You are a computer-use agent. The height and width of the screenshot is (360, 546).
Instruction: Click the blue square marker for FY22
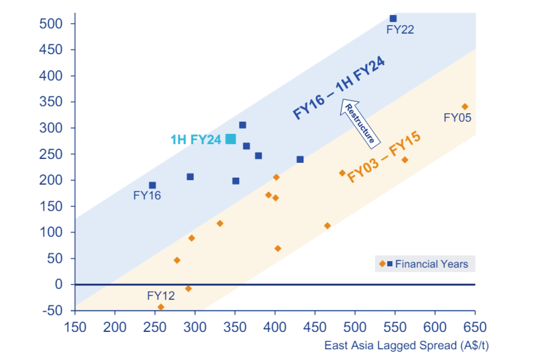click(x=393, y=18)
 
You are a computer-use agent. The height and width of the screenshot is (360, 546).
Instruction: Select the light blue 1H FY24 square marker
click(x=231, y=139)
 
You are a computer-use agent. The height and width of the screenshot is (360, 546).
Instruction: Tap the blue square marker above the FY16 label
click(x=152, y=185)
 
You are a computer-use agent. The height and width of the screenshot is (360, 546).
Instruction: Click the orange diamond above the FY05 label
click(x=465, y=107)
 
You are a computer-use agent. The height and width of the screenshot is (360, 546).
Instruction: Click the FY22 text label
click(x=400, y=30)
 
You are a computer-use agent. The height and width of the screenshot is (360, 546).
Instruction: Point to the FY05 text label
click(x=457, y=118)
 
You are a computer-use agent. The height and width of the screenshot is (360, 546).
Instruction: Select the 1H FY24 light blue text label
click(x=196, y=140)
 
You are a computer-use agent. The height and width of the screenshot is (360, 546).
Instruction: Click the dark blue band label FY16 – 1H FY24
click(x=339, y=88)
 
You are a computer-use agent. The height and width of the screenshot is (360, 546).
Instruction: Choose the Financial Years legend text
click(x=431, y=264)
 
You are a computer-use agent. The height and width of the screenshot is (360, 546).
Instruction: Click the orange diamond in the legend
click(x=382, y=264)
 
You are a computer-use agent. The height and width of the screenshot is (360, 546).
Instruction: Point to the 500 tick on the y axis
click(x=51, y=23)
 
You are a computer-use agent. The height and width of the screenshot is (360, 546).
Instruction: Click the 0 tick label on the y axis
click(x=59, y=284)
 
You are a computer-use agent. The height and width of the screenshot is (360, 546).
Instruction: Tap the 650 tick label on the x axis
click(x=475, y=328)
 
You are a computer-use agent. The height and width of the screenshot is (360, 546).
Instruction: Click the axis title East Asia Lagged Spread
click(x=406, y=346)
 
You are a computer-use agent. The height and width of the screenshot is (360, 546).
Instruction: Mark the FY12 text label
click(x=161, y=296)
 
